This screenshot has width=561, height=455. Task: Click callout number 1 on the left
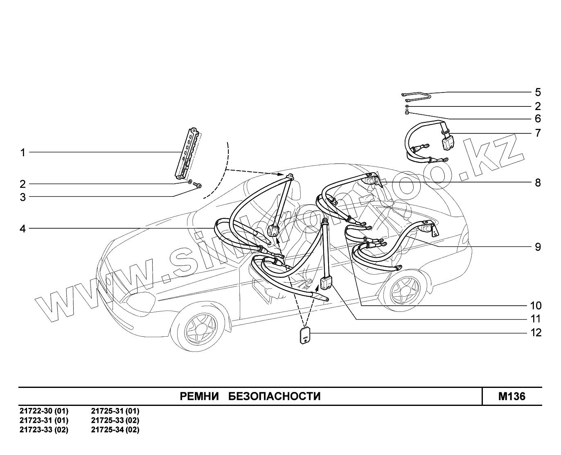coord(23,153)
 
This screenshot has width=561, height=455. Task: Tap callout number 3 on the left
coord(23,197)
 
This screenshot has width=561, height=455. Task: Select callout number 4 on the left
coord(23,229)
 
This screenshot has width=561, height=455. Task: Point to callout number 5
coord(538,92)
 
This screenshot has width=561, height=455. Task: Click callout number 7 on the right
coord(538,133)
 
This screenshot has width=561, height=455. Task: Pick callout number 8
coord(538,182)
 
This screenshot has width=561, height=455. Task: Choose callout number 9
coord(538,247)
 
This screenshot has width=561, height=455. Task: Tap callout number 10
coord(536,306)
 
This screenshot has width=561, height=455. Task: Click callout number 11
coord(536,319)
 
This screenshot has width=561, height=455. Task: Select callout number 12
coord(536,333)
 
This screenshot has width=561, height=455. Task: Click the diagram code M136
coord(511,396)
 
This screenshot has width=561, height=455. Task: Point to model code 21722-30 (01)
coord(44,411)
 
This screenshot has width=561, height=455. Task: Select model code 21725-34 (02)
coord(115,430)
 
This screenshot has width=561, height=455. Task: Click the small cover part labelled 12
coord(305,336)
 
